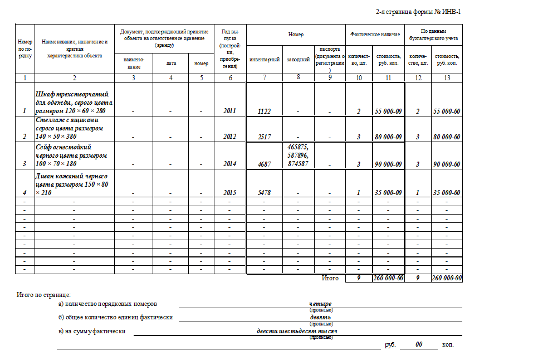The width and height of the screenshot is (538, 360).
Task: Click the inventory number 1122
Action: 265,111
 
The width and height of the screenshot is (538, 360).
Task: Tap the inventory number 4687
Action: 265,164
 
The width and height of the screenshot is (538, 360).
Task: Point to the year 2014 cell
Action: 229,164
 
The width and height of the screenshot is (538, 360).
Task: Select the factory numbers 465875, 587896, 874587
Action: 299,155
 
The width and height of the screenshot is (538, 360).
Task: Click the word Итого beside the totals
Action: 330,278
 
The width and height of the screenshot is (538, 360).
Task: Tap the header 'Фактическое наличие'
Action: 375,35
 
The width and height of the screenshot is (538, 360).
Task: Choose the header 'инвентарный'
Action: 265,60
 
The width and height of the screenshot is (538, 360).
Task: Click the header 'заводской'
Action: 299,60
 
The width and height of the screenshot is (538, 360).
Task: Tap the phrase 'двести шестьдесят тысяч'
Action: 297,331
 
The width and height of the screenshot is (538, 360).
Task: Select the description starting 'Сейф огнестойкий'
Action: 71,155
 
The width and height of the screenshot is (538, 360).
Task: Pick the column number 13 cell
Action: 447,77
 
